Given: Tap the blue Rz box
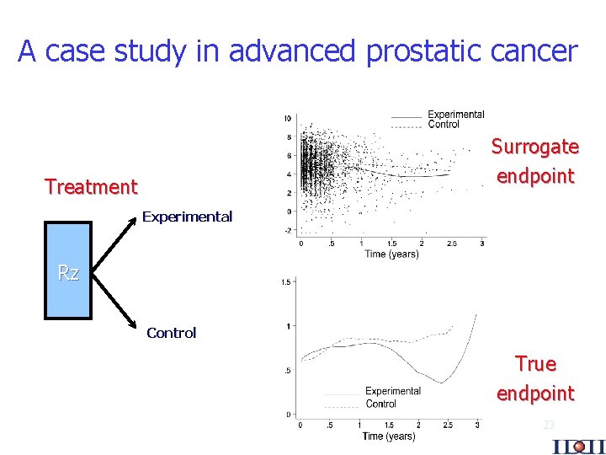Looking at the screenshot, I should tap(68, 272).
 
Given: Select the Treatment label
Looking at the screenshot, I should tap(91, 186).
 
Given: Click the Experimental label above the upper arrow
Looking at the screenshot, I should tap(187, 217).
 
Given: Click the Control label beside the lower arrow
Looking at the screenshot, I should tap(171, 333).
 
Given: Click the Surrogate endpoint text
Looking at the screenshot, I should tap(535, 161).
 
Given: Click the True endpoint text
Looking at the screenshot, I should tap(535, 378).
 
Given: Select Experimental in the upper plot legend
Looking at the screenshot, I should tap(455, 115).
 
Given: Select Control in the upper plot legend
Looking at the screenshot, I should tap(444, 125).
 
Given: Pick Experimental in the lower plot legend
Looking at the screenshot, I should tap(393, 391).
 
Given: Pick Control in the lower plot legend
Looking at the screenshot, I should tap(381, 404).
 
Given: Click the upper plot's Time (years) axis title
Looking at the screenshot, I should tap(391, 254).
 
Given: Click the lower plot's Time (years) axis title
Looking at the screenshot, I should tap(388, 436).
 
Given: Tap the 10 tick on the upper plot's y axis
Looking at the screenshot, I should tap(288, 118).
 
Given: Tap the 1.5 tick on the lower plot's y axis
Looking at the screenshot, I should tap(286, 282).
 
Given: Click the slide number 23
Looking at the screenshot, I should tap(549, 425).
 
